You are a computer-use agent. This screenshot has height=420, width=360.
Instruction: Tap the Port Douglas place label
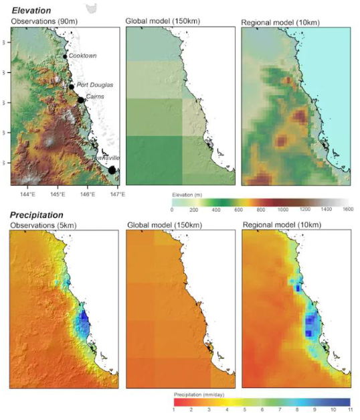pyautogui.click(x=95, y=85)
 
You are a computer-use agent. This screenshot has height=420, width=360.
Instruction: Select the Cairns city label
pyautogui.click(x=94, y=97)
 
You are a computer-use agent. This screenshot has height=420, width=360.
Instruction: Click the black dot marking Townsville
pyautogui.click(x=112, y=170)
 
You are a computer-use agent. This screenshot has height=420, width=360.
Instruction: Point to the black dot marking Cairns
pyautogui.click(x=80, y=100)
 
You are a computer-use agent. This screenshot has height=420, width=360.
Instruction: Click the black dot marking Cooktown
pyautogui.click(x=65, y=56)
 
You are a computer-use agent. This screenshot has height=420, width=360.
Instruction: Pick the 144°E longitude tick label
pyautogui.click(x=27, y=194)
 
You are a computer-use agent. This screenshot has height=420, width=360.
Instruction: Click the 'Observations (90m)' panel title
pyautogui.click(x=41, y=21)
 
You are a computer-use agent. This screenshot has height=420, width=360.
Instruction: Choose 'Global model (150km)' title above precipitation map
pyautogui.click(x=161, y=227)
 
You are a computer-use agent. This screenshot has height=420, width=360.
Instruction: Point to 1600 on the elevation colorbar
pyautogui.click(x=347, y=210)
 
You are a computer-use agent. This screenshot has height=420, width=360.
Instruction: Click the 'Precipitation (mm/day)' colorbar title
pyautogui.click(x=199, y=393)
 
